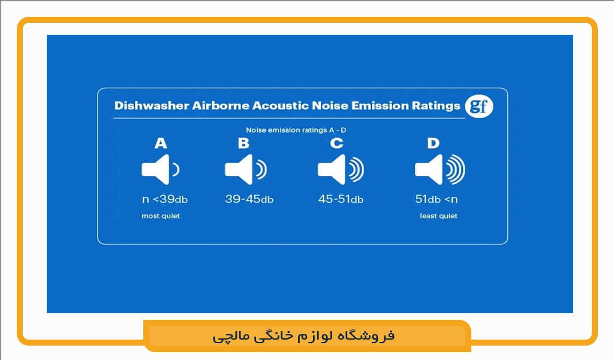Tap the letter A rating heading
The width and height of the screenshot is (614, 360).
click(160, 143)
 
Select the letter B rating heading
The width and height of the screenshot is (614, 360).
click(243, 143)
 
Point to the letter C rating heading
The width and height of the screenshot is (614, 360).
click(337, 143)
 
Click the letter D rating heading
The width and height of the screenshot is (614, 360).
click(433, 143)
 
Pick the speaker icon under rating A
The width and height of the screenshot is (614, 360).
click(159, 170)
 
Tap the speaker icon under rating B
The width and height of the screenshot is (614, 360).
click(245, 170)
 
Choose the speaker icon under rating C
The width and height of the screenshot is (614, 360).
click(340, 170)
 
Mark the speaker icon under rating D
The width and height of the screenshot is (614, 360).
click(440, 170)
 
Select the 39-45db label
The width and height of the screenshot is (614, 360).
click(249, 199)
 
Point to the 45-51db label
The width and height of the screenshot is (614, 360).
click(341, 199)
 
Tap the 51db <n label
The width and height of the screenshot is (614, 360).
click(436, 199)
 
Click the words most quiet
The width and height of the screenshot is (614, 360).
click(161, 216)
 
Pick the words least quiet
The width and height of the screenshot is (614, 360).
click(438, 216)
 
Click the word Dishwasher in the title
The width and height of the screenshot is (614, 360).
click(151, 106)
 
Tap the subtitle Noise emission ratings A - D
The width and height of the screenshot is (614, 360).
click(296, 130)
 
